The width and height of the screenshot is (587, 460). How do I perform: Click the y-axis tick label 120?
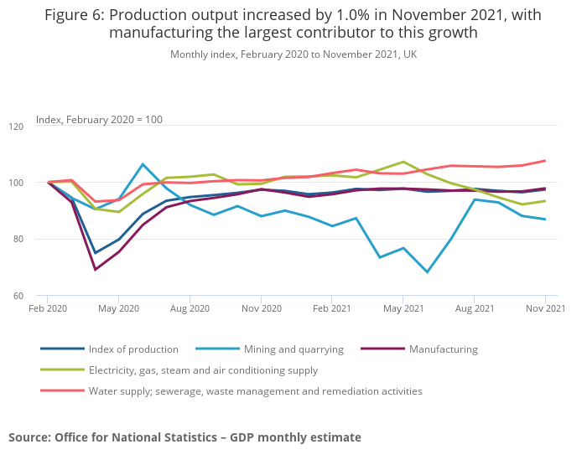16,127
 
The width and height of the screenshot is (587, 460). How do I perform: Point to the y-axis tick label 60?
16,296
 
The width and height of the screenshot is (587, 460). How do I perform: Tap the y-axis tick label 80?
16,240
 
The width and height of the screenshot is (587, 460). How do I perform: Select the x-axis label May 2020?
118,309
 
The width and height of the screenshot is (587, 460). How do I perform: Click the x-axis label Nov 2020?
261,309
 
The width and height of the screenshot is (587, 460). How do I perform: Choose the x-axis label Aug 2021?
474,309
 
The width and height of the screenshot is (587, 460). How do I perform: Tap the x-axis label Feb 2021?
331,309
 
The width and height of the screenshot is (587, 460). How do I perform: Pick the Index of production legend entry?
133,349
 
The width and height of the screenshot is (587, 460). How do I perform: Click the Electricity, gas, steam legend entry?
203,370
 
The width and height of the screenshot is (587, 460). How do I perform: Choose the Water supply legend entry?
255,390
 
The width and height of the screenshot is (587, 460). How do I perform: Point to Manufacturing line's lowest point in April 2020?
95,270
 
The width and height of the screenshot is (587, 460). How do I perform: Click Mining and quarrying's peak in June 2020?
143,164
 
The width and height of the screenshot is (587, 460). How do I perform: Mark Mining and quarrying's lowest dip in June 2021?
427,272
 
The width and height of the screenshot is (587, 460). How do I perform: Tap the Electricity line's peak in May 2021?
403,162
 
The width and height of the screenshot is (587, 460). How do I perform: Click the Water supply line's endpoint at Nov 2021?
545,161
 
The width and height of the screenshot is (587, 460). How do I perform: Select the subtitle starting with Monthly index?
293,54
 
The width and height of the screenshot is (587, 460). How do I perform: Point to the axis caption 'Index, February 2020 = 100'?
99,120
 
